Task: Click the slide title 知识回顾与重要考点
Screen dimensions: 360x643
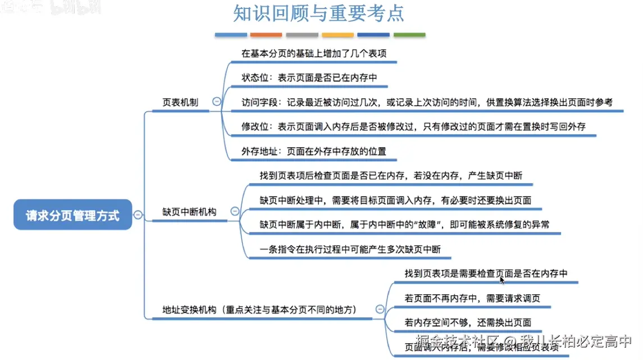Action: (318, 14)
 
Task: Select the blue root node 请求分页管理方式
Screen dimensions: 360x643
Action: (72, 215)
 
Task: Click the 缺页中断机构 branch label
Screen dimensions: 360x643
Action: (189, 212)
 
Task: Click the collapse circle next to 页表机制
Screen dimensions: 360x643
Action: (216, 102)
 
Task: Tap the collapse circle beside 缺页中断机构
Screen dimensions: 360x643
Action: (235, 212)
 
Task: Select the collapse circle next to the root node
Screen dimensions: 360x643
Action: (138, 214)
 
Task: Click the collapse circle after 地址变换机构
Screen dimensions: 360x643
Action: (380, 309)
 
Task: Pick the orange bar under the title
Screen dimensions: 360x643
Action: (266, 35)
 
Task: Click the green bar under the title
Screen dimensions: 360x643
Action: (409, 35)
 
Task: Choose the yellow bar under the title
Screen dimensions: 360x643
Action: (338, 35)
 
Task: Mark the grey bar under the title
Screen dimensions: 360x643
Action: (302, 35)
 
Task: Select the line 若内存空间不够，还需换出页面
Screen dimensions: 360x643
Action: (468, 322)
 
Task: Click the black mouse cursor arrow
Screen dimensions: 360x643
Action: (503, 280)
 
